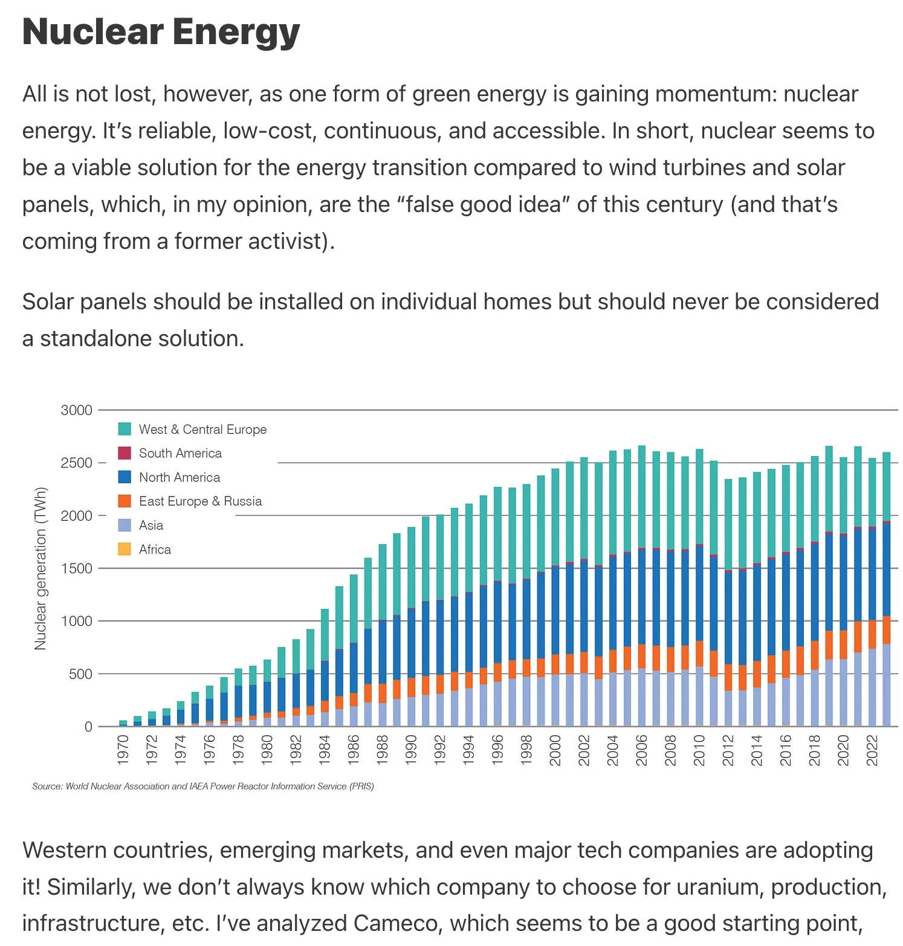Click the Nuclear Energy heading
point(161,31)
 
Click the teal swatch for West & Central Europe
point(125,430)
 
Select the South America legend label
point(180,453)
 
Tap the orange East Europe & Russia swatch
point(125,501)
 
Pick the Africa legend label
point(155,550)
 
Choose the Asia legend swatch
point(125,526)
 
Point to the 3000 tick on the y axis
point(76,410)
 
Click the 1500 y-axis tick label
point(76,568)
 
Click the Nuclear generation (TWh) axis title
point(40,568)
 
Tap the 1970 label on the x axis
point(123,750)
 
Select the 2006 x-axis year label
point(641,750)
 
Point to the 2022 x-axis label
point(872,750)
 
